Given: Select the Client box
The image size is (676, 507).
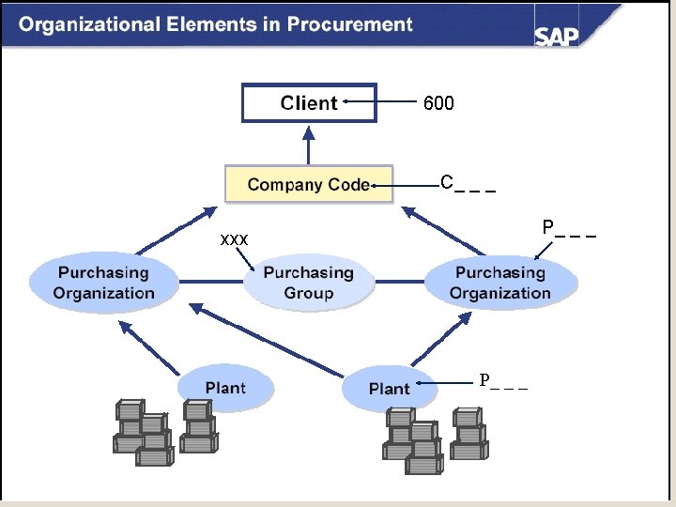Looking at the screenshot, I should pos(309,102).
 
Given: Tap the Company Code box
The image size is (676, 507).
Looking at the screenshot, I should pos(308,184).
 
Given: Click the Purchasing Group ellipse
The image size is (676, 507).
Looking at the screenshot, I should pos(308,283).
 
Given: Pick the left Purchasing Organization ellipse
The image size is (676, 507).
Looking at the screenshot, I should pos(103,283).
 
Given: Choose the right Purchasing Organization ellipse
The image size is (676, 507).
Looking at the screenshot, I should pos(500,283).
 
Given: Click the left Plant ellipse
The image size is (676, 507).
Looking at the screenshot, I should pos(225,388).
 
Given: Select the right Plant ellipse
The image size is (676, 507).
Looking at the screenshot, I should pos(389,389).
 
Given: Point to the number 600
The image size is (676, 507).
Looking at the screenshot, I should pos(438,103).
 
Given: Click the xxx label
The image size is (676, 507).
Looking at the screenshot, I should pos(234,240).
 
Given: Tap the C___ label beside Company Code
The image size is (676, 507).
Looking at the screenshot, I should pos(467,182).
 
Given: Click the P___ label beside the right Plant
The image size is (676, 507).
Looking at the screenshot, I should pos(503,381).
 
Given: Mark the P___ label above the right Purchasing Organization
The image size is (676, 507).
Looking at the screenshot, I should pos(568,228).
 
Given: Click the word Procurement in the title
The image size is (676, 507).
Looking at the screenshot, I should pos(349,24).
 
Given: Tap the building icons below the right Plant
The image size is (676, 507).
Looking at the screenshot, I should pos(434,437).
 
